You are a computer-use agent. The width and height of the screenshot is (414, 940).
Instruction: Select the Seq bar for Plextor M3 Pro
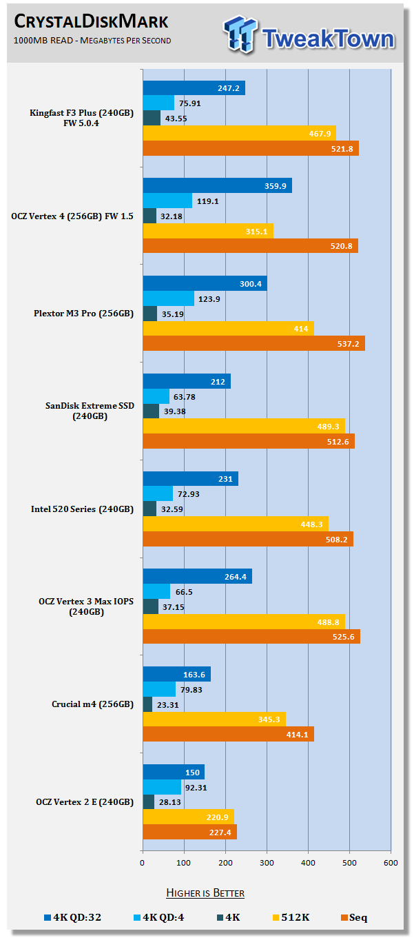pos(253,343)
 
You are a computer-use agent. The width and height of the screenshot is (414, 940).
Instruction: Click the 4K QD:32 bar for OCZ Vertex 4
pos(217,185)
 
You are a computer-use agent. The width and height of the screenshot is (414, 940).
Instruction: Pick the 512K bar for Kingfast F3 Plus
pos(239,133)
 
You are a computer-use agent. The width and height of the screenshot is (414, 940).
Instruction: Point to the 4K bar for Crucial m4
pos(147,704)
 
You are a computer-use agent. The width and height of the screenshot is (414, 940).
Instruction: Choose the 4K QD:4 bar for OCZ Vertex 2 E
pos(162,786)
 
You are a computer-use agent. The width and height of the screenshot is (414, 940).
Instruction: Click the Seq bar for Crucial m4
pos(228,735)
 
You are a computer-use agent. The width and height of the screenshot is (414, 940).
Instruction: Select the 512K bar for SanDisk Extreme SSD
pos(244,426)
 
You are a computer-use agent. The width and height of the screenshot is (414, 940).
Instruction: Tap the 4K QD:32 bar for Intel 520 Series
pos(190,478)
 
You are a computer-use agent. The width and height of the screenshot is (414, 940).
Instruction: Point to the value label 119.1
pos(207,201)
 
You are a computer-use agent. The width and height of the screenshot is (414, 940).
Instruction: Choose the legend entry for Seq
pos(354,917)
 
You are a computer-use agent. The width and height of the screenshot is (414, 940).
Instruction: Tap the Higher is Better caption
pos(205,893)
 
